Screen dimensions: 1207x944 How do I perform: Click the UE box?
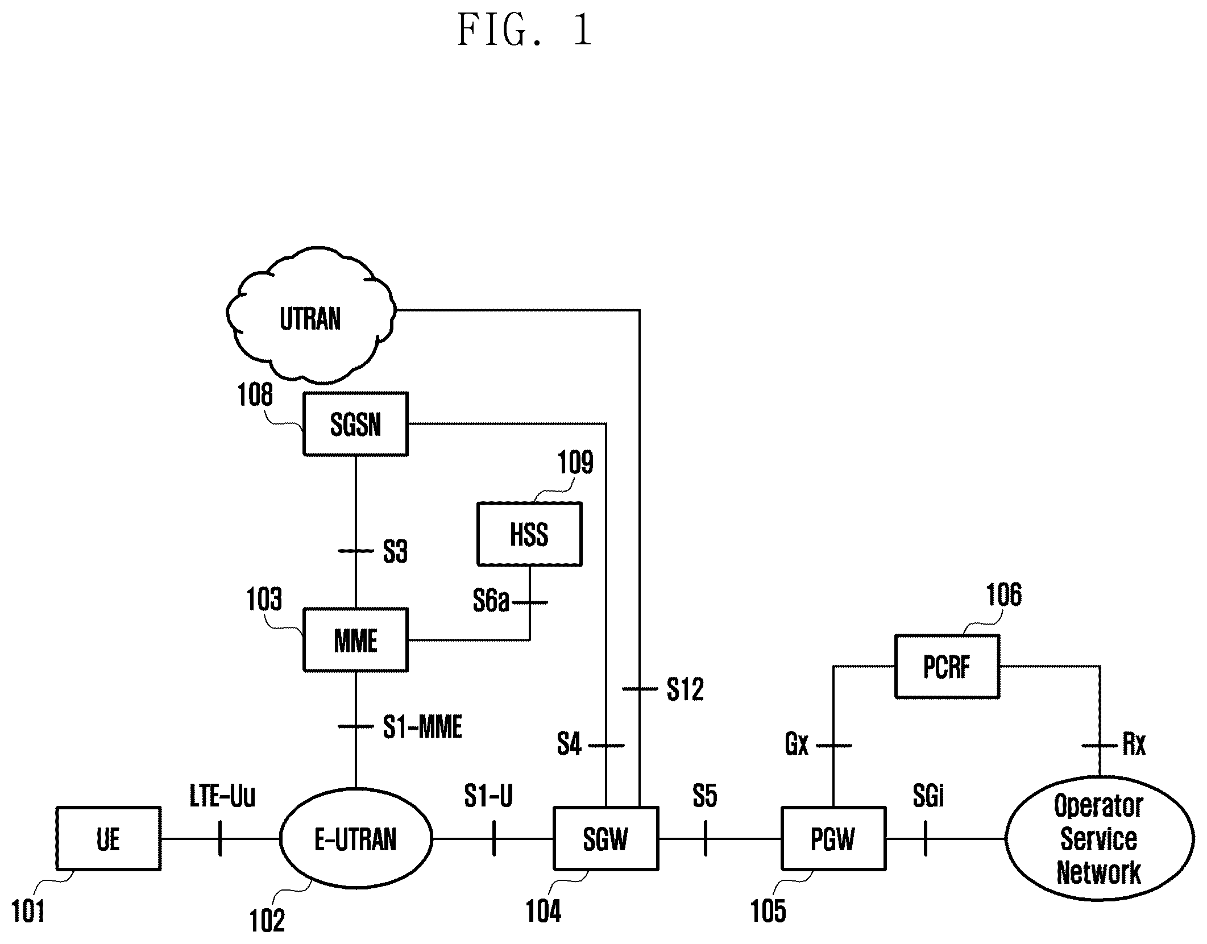pyautogui.click(x=109, y=838)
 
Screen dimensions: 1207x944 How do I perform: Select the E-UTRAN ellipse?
pyautogui.click(x=356, y=838)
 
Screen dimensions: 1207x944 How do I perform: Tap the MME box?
pyautogui.click(x=356, y=640)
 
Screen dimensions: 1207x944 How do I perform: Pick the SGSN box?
pyautogui.click(x=356, y=424)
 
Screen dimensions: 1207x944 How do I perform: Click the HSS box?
pyautogui.click(x=529, y=534)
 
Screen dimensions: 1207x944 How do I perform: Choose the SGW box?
pyautogui.click(x=606, y=838)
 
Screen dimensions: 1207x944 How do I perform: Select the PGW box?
pyautogui.click(x=833, y=838)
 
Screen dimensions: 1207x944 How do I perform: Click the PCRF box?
pyautogui.click(x=947, y=666)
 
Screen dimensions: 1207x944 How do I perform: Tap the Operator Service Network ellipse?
pyautogui.click(x=1099, y=838)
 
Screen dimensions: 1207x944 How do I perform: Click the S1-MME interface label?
pyautogui.click(x=422, y=727)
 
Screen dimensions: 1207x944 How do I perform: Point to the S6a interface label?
pyautogui.click(x=491, y=601)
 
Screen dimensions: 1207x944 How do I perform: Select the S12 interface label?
pyautogui.click(x=685, y=689)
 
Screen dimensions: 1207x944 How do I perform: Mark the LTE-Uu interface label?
pyautogui.click(x=222, y=796)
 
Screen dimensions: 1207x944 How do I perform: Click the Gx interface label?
pyautogui.click(x=797, y=744)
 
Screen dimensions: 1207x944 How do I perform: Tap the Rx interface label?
pyautogui.click(x=1134, y=744)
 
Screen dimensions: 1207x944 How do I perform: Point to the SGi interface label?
pyautogui.click(x=928, y=796)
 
